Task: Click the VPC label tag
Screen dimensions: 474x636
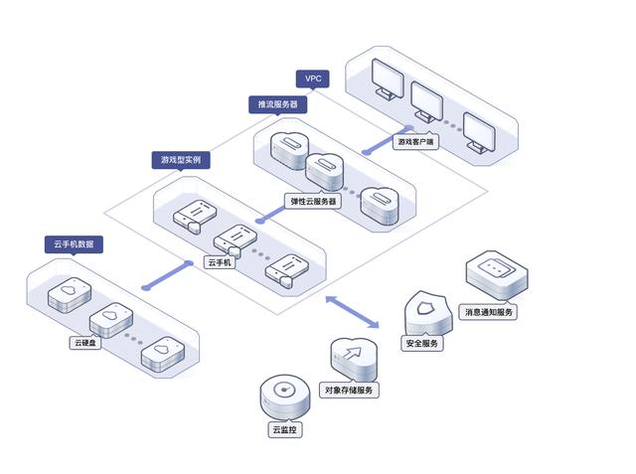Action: click(x=313, y=78)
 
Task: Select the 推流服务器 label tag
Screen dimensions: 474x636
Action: click(x=276, y=103)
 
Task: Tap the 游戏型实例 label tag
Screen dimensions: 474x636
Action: click(x=181, y=159)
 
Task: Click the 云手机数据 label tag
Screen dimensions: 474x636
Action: click(x=74, y=243)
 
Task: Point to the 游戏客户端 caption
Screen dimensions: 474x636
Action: click(x=415, y=142)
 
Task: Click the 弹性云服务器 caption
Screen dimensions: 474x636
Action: click(x=313, y=200)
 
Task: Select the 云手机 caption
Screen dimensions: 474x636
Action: click(x=219, y=262)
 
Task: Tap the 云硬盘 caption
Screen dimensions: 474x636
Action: click(x=83, y=343)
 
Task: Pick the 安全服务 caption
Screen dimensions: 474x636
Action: click(x=422, y=344)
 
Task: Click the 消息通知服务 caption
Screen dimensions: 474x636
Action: click(x=490, y=312)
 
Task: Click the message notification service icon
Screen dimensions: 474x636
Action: click(x=495, y=273)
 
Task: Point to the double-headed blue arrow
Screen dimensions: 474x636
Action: click(x=353, y=311)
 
